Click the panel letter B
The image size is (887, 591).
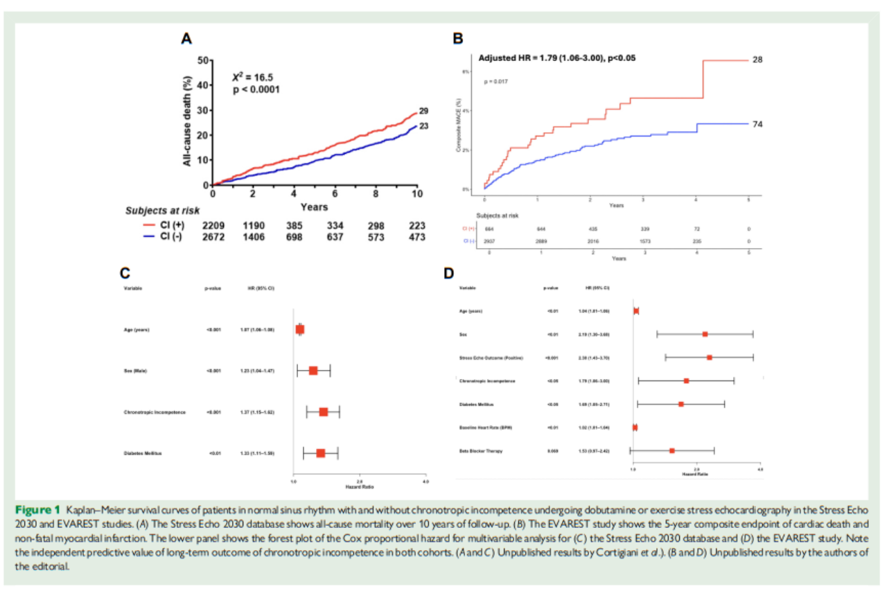click(x=458, y=39)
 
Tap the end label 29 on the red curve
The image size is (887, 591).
click(x=424, y=112)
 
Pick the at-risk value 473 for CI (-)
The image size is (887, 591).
click(x=416, y=237)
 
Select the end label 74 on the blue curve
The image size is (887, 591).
click(x=757, y=123)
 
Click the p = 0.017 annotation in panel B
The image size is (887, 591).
click(x=496, y=82)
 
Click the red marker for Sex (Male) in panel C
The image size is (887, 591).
click(x=313, y=371)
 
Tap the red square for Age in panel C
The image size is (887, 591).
click(x=300, y=330)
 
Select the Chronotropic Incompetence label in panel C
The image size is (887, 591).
click(x=155, y=412)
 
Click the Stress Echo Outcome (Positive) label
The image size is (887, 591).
click(x=491, y=358)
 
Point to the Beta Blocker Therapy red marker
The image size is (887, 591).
click(x=672, y=451)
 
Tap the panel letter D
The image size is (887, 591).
click(x=449, y=272)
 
